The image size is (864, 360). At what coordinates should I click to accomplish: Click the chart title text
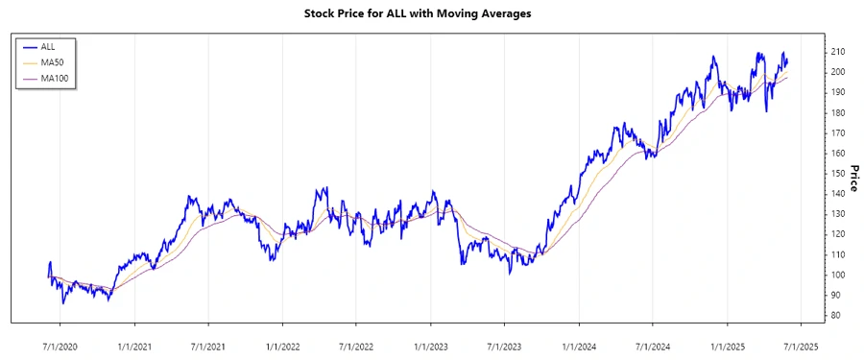coord(431,14)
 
